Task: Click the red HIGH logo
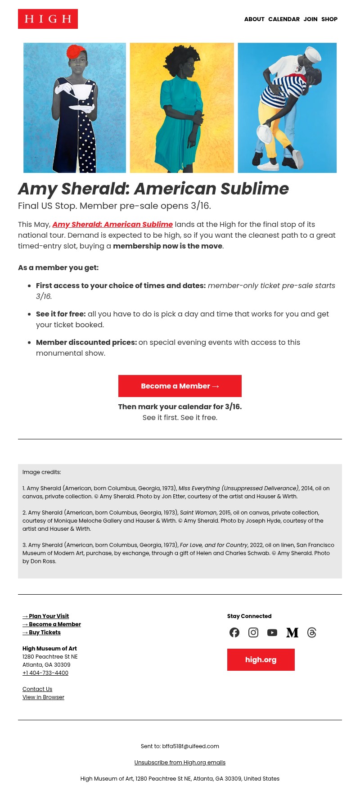(48, 19)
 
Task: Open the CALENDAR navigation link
(283, 19)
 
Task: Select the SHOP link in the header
(329, 19)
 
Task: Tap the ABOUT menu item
(254, 19)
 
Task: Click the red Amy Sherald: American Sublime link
(112, 224)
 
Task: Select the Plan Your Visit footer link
(46, 616)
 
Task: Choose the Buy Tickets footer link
(42, 632)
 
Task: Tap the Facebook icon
(234, 632)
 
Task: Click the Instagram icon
(253, 632)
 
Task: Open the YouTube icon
(272, 632)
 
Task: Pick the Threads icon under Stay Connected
(312, 632)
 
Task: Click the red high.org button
(261, 659)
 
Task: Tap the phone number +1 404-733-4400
(45, 673)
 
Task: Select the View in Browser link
(43, 697)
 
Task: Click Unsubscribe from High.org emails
(180, 763)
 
